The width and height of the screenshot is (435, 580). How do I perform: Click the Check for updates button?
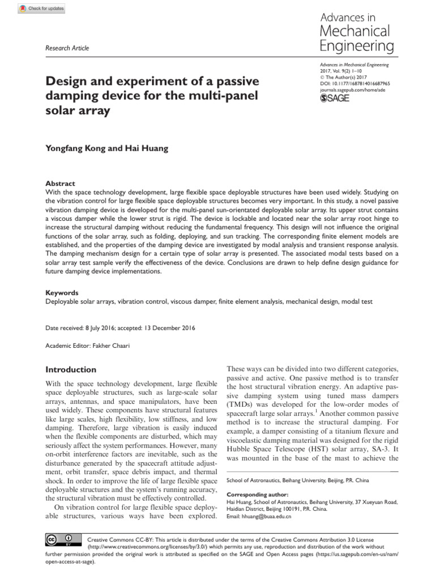42,8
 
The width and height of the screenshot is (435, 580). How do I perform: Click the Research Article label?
67,48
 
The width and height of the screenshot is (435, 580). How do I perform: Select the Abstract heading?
60,184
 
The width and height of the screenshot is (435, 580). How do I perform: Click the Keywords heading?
62,293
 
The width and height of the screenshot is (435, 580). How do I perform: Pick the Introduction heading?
71,369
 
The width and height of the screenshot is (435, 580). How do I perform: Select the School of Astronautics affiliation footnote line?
297,480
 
